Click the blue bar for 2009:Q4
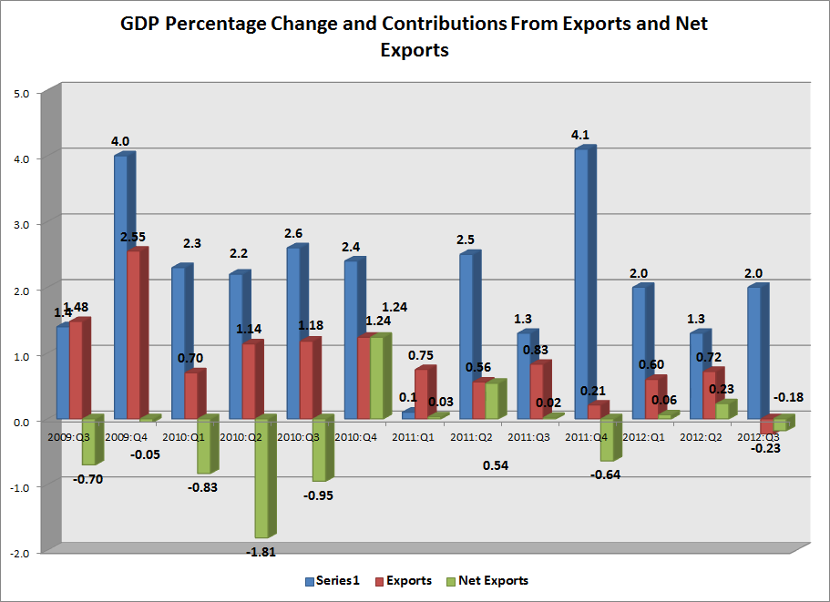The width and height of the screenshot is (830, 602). point(120,287)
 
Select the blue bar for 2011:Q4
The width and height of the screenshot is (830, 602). point(579,282)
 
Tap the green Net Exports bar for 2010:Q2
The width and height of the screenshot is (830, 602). point(261,477)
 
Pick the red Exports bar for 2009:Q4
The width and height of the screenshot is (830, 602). point(134,334)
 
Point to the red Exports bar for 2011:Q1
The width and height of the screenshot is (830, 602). point(421,393)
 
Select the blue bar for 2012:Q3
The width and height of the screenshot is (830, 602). point(752,352)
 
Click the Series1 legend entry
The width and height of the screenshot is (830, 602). point(337,580)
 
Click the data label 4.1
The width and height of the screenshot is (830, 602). point(579,135)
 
